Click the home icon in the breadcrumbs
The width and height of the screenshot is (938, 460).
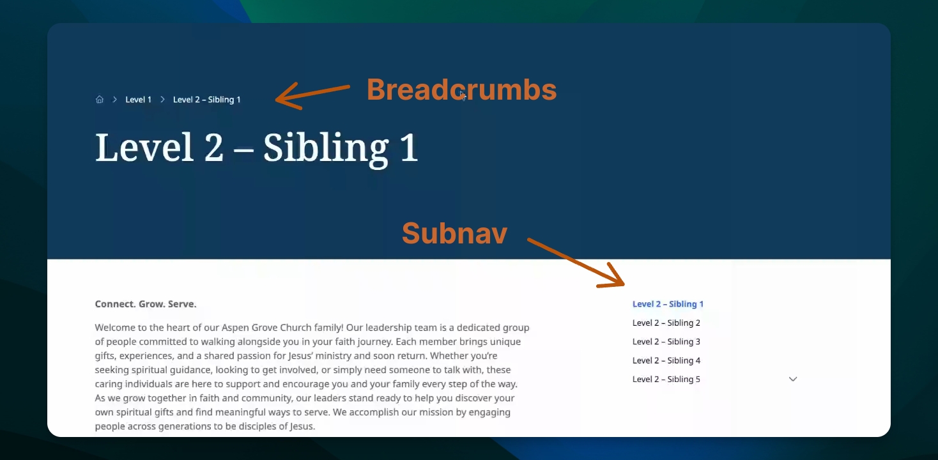point(99,99)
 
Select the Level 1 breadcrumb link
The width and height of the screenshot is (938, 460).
point(138,100)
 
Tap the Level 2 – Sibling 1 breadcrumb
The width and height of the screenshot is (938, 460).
point(207,100)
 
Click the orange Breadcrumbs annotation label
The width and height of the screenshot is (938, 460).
point(461,89)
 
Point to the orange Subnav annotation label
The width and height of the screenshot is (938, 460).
point(454,233)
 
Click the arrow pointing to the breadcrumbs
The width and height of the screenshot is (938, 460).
point(312,96)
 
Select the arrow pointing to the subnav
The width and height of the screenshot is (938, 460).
point(576,263)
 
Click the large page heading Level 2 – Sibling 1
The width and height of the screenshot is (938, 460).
point(256,148)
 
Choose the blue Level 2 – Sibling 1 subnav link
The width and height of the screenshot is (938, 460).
point(668,304)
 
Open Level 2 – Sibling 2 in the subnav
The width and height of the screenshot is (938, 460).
point(666,323)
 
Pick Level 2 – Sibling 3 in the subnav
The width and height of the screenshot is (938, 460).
point(666,342)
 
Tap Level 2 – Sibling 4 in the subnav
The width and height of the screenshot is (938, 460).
point(666,360)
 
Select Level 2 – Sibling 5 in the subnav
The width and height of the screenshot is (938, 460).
point(666,379)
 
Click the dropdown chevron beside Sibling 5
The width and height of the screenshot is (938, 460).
point(793,379)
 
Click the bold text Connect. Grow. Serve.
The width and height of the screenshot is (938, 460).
point(146,304)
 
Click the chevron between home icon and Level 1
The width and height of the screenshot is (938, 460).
point(114,100)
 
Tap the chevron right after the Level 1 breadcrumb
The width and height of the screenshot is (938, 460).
point(162,100)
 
